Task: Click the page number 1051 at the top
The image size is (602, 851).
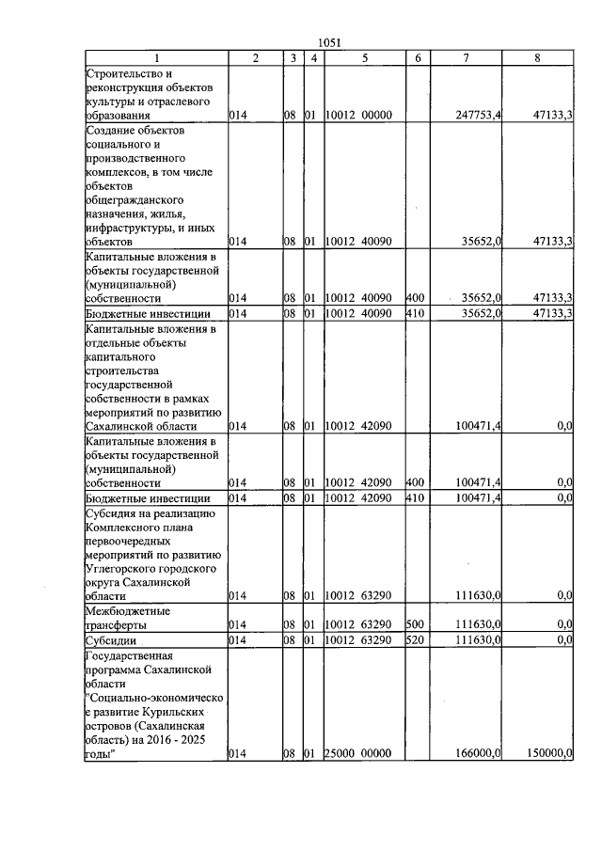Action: (x=329, y=42)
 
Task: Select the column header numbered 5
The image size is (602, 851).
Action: (x=364, y=58)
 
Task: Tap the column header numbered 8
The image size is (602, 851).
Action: (x=537, y=58)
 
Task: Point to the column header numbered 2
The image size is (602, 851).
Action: (x=255, y=58)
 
